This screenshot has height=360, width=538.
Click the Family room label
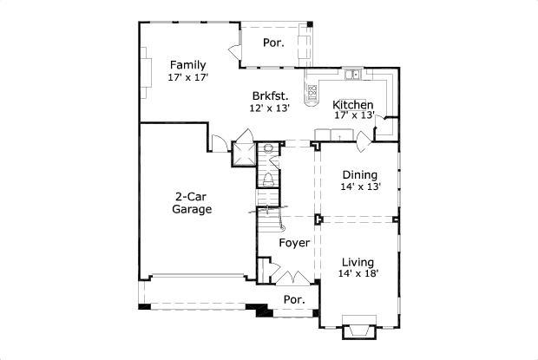pos(187,65)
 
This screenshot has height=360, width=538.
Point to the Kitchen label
pos(353,105)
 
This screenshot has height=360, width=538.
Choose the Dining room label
pos(359,173)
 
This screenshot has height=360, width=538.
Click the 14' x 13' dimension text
pos(359,187)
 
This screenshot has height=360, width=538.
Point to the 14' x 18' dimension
pos(358,274)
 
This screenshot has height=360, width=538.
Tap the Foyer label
pos(294,244)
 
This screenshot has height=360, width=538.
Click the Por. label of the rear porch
pos(273,41)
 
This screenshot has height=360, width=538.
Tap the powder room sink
pos(268,148)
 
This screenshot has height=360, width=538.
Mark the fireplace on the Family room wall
pos(146,69)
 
